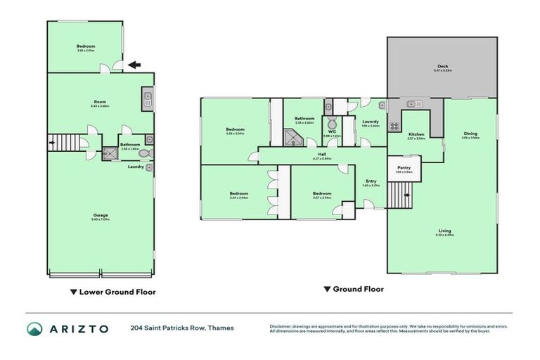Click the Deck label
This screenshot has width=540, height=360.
442,67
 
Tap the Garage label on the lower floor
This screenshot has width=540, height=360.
101,216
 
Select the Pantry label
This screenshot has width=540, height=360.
404,169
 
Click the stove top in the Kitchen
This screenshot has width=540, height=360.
394,127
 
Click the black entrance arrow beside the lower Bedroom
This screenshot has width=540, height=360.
133,65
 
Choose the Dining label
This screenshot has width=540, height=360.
470,134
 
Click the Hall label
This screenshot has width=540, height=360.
321,155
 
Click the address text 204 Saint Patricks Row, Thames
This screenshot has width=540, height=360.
182,328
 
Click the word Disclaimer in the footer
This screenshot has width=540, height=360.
281,326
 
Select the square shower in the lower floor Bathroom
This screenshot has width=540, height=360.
110,153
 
